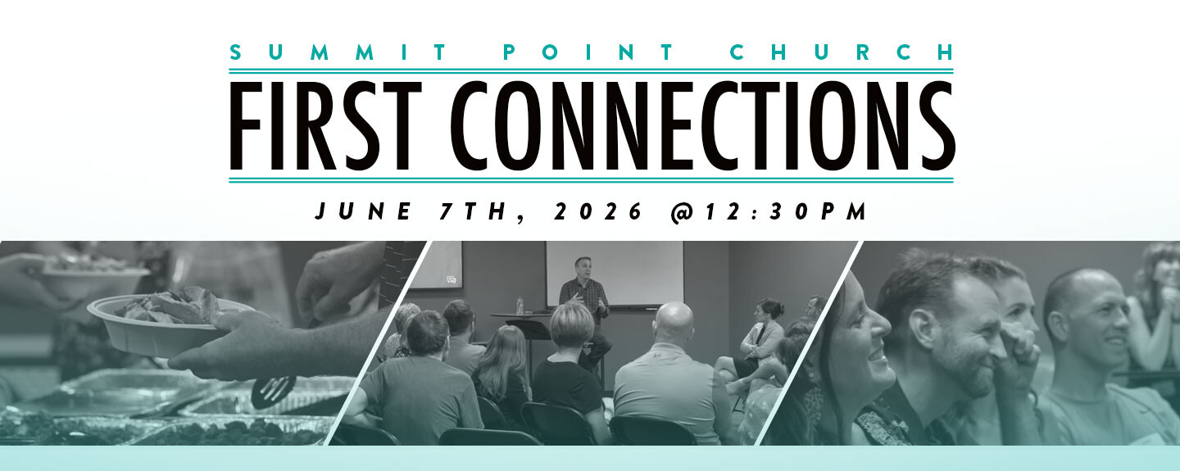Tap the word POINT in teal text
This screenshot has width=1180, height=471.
pos(588,52)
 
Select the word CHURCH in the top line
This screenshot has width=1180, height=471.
pos(842,52)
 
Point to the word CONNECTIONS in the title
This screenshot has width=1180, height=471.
pos(703,125)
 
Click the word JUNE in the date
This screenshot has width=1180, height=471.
pos(363,211)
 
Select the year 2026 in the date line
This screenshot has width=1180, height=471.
pos(598,211)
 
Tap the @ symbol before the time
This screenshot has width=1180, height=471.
pos(682,212)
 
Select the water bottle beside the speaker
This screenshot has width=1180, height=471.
pos(520,306)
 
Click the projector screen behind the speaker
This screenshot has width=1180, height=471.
pos(615,273)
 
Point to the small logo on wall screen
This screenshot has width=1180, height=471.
pos(452,280)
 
